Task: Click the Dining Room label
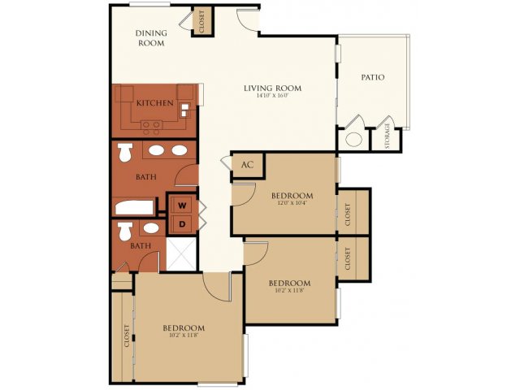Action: pos(150,37)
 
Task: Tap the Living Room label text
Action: pos(273,88)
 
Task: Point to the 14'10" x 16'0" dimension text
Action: pos(273,97)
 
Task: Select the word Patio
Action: pos(373,77)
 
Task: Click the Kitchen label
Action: pos(153,103)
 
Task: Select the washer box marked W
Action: pos(182,204)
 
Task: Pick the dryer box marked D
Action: pos(182,223)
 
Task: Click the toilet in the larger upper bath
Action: pos(125,152)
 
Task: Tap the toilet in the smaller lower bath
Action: pos(125,232)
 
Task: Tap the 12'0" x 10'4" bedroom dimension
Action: pos(292,204)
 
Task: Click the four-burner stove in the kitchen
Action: pos(151,126)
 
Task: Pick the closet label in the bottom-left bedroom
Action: pos(127,336)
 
